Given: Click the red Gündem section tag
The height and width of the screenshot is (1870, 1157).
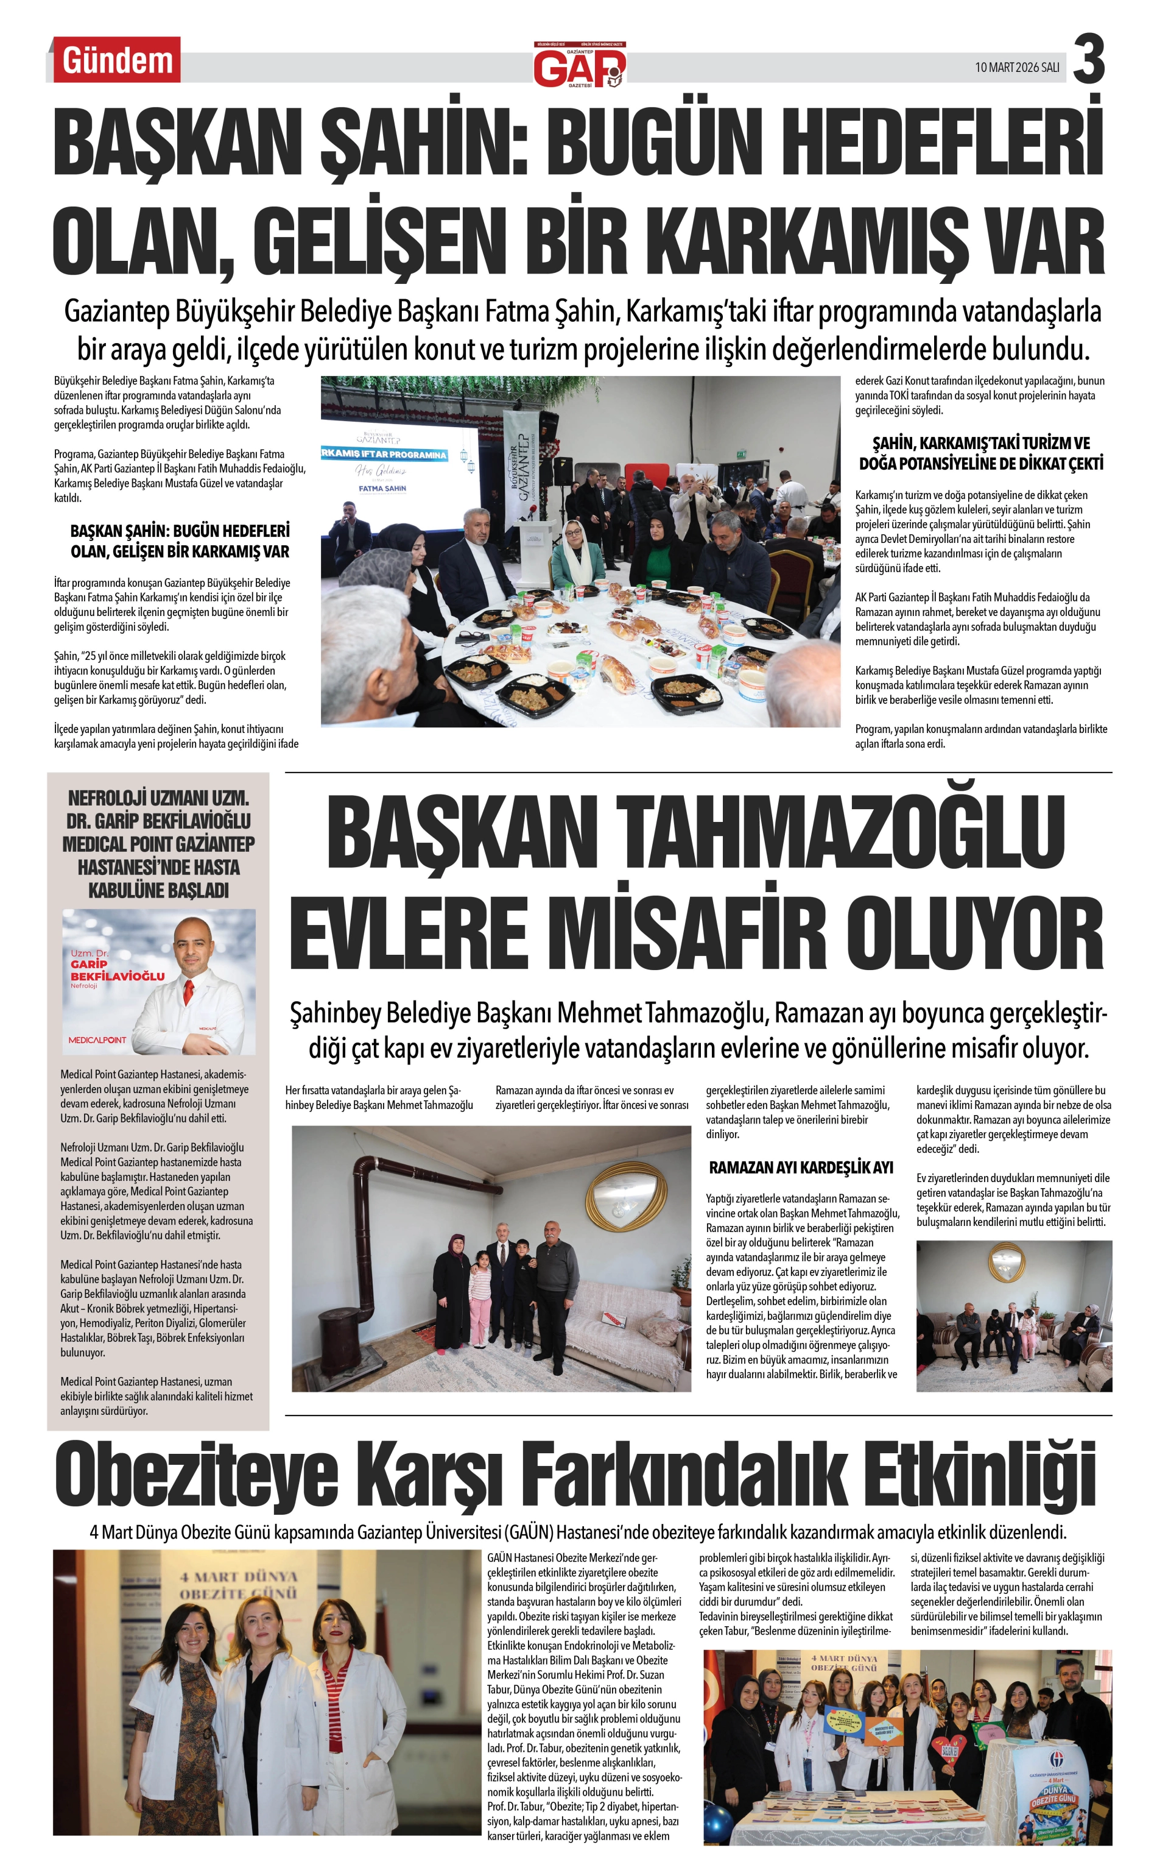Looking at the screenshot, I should tap(116, 60).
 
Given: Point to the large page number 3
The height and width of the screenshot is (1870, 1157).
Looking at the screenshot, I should tap(1088, 60).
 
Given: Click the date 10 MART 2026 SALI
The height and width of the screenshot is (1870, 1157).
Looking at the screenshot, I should tap(1016, 68).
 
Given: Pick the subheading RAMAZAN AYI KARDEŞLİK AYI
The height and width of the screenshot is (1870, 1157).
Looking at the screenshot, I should tap(800, 1167).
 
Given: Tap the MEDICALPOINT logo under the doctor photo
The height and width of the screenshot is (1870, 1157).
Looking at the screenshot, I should tap(97, 1039).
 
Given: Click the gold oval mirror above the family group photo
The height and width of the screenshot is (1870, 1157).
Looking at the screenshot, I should tap(626, 1197).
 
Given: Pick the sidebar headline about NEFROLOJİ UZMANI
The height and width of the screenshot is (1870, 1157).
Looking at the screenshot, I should tap(158, 843).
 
